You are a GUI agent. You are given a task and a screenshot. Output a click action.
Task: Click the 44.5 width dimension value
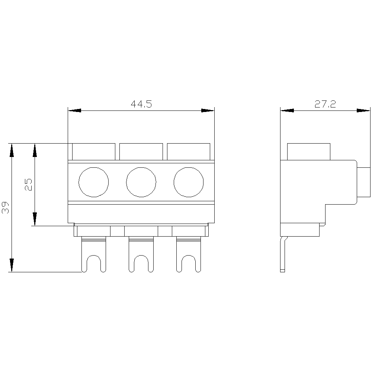(x=141, y=104)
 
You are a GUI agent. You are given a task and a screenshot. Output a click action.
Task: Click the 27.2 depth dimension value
(x=325, y=104)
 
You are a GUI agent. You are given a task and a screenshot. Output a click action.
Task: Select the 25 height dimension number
(x=28, y=185)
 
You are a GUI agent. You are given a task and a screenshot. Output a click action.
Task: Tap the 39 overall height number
(x=5, y=208)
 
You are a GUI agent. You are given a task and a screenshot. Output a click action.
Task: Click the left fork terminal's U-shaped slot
(x=94, y=256)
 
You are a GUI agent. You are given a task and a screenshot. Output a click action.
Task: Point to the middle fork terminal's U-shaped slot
(x=141, y=256)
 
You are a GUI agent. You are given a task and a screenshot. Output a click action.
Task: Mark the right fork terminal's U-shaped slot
(x=189, y=256)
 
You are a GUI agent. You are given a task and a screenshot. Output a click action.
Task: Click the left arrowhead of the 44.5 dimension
(x=74, y=110)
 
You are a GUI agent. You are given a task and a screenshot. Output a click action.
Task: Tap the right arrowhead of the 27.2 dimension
(x=363, y=110)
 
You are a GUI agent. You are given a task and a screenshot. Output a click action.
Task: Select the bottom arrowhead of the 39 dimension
(x=12, y=265)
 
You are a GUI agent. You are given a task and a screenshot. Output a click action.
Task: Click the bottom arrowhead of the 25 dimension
(x=35, y=219)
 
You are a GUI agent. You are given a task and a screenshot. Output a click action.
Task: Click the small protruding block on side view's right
(x=364, y=182)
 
